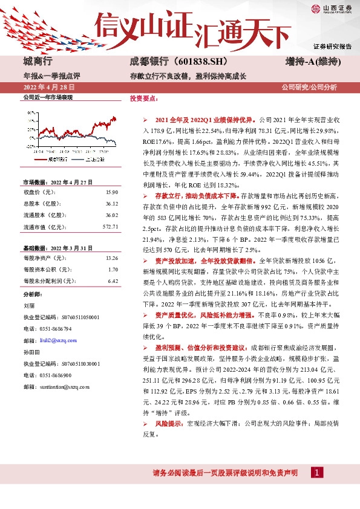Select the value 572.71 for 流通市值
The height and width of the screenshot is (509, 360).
coord(109,227)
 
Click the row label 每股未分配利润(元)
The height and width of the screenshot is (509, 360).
coord(50,281)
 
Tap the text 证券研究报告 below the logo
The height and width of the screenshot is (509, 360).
coord(332,46)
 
